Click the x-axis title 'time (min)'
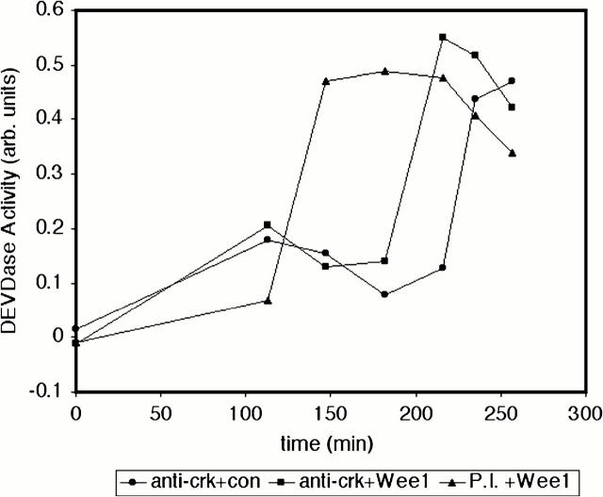coord(330,441)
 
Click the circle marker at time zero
coord(76,328)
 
